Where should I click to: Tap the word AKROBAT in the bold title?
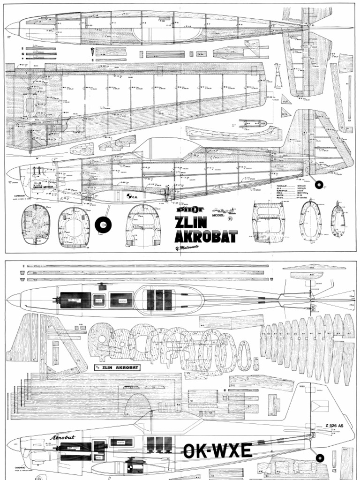(205, 236)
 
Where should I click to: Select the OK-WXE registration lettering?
(217, 450)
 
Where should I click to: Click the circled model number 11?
(230, 218)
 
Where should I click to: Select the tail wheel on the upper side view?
(319, 184)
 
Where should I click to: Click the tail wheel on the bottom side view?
(320, 458)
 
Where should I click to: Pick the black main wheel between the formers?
(103, 225)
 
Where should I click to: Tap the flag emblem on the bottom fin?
(320, 405)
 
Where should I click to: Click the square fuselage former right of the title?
(268, 223)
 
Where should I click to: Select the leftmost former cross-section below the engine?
(35, 225)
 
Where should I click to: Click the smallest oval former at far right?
(338, 221)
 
